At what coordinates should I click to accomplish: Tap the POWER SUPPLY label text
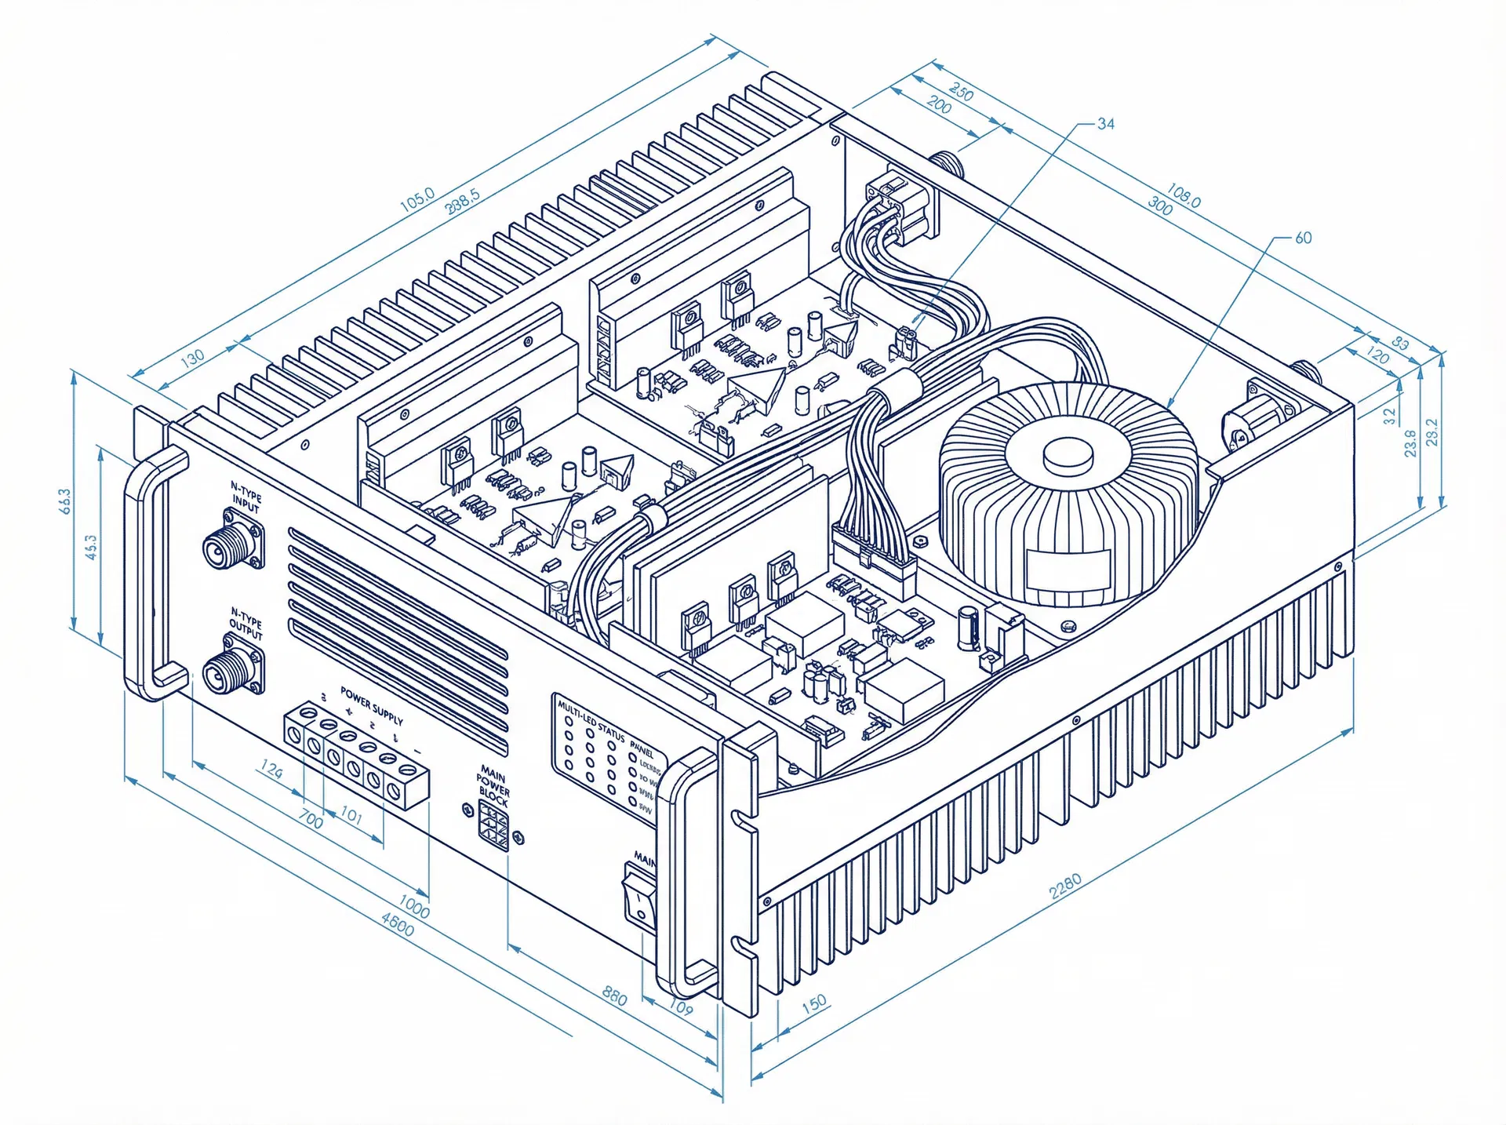(371, 704)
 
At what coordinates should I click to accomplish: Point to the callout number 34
(1105, 124)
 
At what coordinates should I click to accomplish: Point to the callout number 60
(1303, 238)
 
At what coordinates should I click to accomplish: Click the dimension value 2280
(1064, 886)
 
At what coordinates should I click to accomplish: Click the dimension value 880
(614, 996)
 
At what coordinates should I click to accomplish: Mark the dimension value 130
(192, 357)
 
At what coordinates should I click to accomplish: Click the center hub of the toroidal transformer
(1068, 454)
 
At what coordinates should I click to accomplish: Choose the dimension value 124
(271, 770)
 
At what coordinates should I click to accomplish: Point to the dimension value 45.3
(91, 547)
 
